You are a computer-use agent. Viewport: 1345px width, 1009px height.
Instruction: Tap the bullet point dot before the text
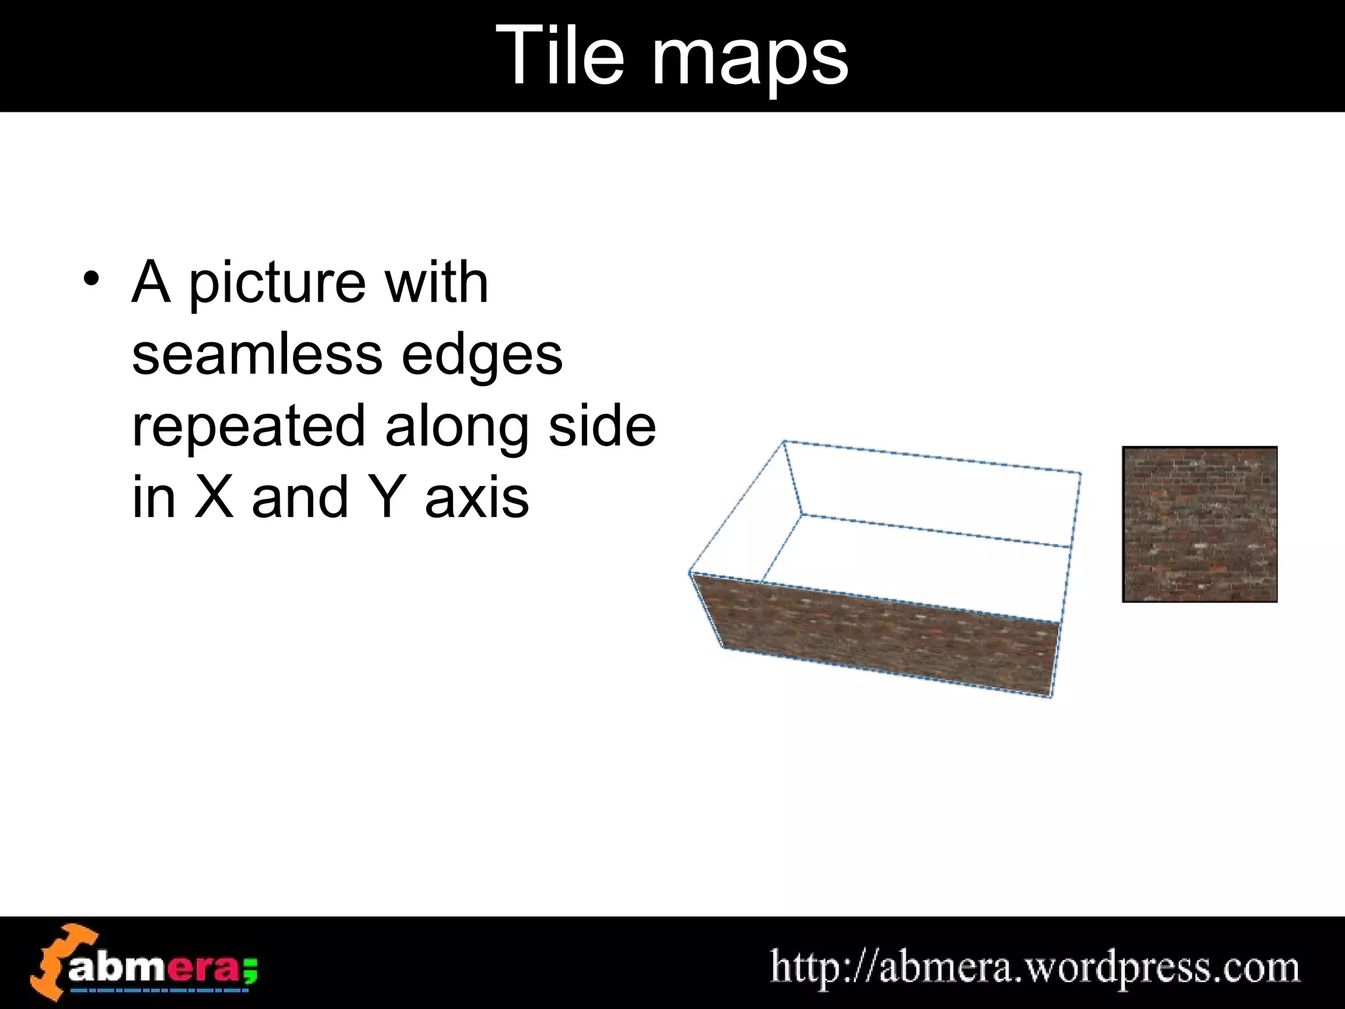tap(92, 281)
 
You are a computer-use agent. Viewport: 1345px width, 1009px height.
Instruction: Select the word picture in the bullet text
tap(276, 284)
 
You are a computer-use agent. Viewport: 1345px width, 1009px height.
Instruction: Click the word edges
tap(481, 357)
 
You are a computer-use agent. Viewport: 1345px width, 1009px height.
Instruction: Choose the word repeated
tap(248, 427)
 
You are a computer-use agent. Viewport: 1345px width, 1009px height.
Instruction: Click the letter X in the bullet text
tap(213, 497)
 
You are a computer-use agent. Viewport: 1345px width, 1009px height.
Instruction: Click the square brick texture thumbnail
tap(1199, 524)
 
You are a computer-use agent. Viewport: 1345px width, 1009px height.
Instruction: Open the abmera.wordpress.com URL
tap(1034, 967)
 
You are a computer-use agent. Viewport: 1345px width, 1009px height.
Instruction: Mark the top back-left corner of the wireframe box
tap(784, 441)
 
